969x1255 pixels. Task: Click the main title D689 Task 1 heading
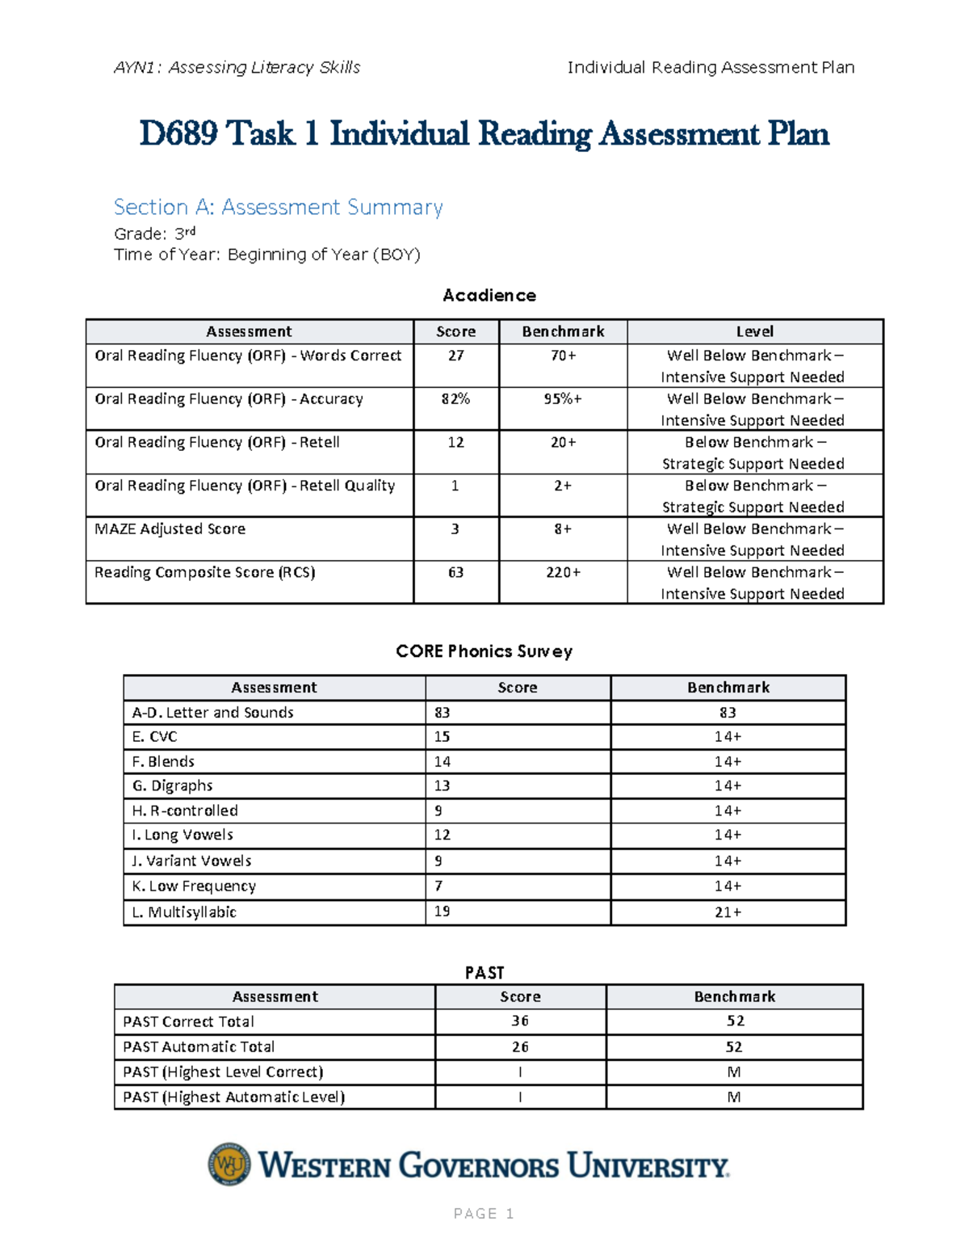click(x=484, y=134)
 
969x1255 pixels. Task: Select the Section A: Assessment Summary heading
click(x=278, y=208)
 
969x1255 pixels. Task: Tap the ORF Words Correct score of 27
click(x=455, y=356)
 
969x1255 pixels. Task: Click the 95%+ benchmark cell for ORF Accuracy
click(x=563, y=399)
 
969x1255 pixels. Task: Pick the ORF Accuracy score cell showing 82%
click(x=455, y=399)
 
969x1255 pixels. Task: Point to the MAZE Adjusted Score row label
click(x=170, y=529)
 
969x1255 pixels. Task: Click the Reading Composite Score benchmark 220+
click(x=563, y=573)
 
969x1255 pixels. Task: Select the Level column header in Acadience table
click(x=754, y=331)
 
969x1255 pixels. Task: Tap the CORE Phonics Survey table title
click(x=484, y=651)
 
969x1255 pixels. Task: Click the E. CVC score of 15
click(x=443, y=737)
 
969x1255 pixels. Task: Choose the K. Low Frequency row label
click(x=194, y=887)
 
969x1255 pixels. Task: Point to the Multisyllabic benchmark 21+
click(x=728, y=912)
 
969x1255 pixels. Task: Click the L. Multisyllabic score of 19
click(x=443, y=912)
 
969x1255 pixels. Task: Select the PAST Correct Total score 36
click(x=520, y=1021)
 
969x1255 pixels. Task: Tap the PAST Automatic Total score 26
click(x=520, y=1047)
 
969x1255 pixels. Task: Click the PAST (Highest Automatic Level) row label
click(x=234, y=1097)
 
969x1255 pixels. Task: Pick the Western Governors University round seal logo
click(x=229, y=1164)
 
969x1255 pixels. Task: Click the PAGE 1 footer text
click(x=484, y=1214)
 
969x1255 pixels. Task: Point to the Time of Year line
click(x=267, y=255)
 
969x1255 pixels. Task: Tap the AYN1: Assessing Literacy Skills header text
click(x=237, y=68)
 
